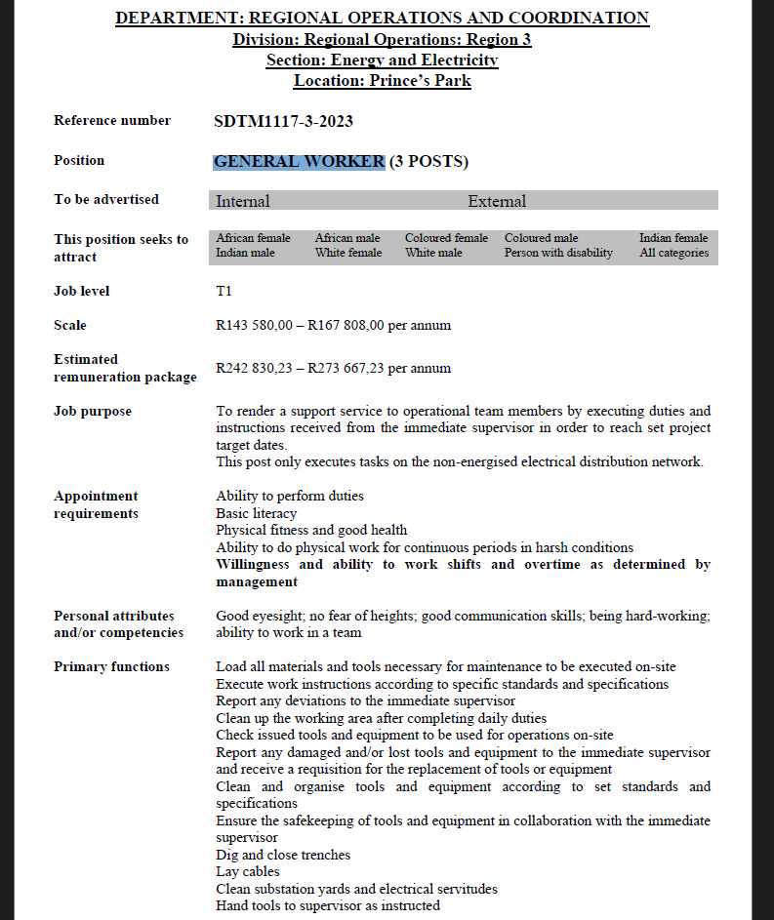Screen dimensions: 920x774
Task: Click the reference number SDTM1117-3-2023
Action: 283,122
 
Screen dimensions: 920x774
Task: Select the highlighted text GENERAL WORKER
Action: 299,162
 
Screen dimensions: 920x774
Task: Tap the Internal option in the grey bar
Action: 243,201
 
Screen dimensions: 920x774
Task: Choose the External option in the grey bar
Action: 496,201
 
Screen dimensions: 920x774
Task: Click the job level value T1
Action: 224,291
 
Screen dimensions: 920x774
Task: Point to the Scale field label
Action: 69,325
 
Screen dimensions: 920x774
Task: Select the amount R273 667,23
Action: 346,368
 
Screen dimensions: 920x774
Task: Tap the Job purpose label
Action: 92,411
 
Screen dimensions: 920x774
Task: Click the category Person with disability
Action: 558,253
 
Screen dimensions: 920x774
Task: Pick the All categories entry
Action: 673,253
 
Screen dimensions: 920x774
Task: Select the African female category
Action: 253,238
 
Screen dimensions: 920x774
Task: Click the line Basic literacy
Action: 256,513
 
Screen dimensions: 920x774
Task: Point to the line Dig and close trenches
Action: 282,855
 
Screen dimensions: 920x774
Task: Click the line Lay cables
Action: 247,871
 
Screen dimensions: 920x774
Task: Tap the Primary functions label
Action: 111,666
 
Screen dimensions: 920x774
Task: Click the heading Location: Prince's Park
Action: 382,81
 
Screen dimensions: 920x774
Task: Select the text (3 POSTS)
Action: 429,162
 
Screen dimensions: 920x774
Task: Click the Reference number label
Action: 111,120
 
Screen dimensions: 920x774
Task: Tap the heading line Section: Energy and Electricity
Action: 382,60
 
